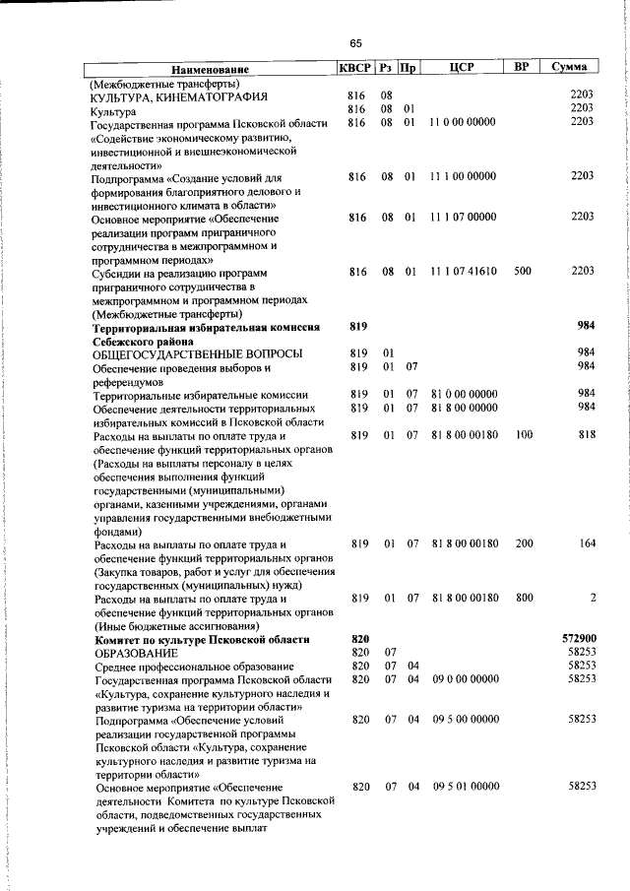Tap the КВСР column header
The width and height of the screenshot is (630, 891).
(x=354, y=68)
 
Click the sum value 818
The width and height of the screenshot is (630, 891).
(x=587, y=434)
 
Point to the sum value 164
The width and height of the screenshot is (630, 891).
(x=587, y=542)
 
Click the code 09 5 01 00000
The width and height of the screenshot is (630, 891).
(x=466, y=787)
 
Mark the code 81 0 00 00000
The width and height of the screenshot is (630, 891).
(x=465, y=394)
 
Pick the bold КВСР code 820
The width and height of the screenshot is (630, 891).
(x=359, y=638)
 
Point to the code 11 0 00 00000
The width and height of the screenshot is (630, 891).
(x=463, y=122)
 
